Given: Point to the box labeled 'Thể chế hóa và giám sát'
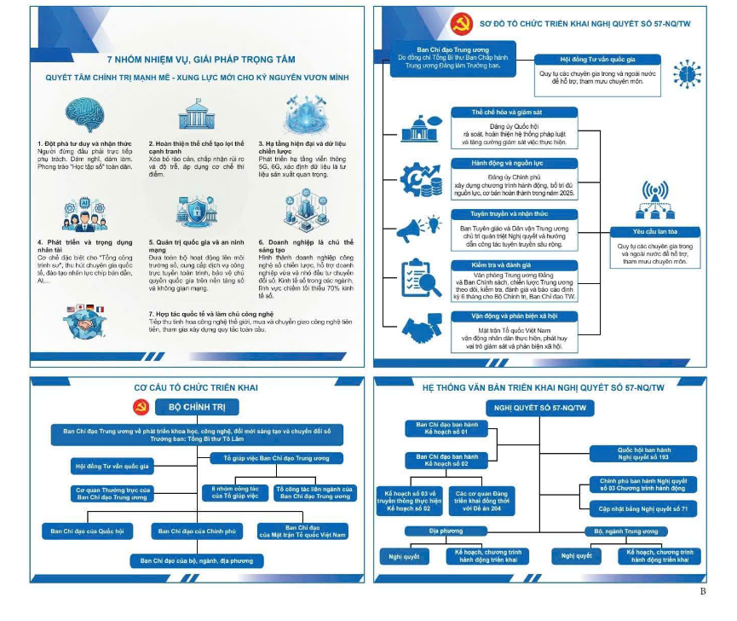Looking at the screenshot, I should pos(513,112).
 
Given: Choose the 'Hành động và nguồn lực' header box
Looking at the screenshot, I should pos(513,162).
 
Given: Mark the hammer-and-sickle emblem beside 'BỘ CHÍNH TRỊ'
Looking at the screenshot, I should pos(141,406).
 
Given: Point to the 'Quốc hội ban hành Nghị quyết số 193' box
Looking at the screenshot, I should pos(645,453).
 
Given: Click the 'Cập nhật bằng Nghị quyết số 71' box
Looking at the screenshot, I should pos(645,508).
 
